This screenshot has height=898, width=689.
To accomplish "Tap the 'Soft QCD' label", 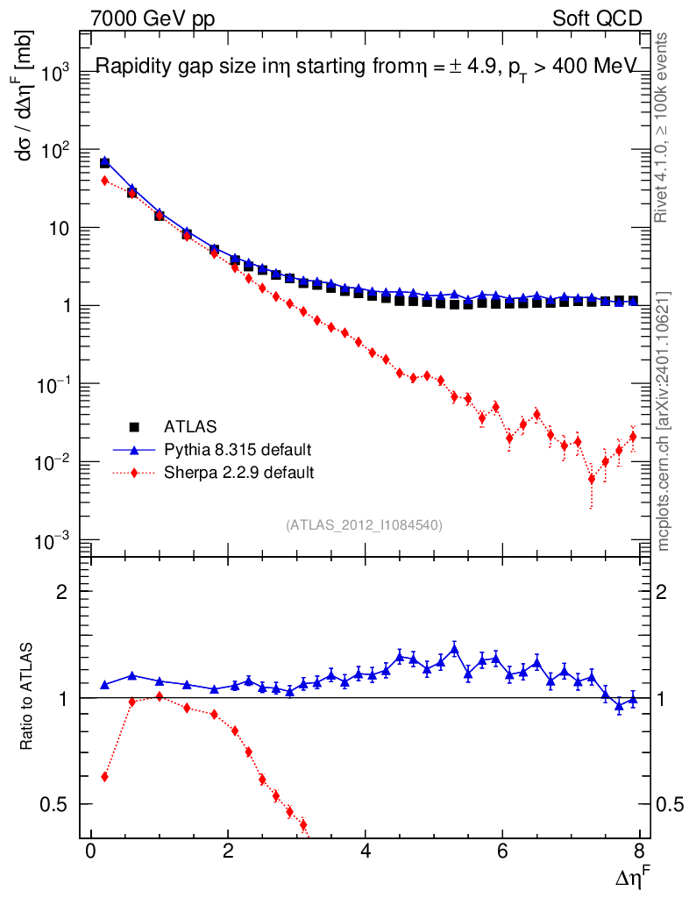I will (597, 18).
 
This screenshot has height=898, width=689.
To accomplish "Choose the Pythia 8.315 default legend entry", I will (238, 450).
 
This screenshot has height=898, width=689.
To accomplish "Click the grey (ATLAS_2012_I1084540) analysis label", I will (364, 525).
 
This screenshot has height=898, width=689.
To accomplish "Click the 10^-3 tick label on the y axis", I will (54, 540).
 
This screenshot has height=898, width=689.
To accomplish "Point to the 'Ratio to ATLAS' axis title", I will (27, 697).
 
